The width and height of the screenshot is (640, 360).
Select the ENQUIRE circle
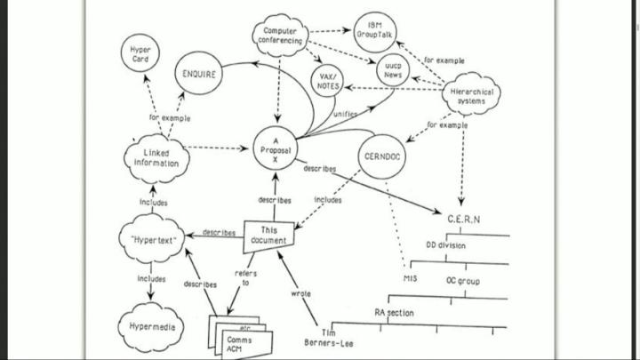198,75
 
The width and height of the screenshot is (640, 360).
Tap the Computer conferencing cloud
281,36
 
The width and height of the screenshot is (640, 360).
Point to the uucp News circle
392,71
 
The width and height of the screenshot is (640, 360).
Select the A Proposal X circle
275,146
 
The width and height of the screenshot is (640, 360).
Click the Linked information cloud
156,157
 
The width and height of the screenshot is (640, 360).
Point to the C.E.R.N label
463,219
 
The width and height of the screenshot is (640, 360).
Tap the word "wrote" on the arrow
301,292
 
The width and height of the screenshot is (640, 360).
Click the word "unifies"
345,115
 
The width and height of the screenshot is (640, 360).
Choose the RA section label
394,312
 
